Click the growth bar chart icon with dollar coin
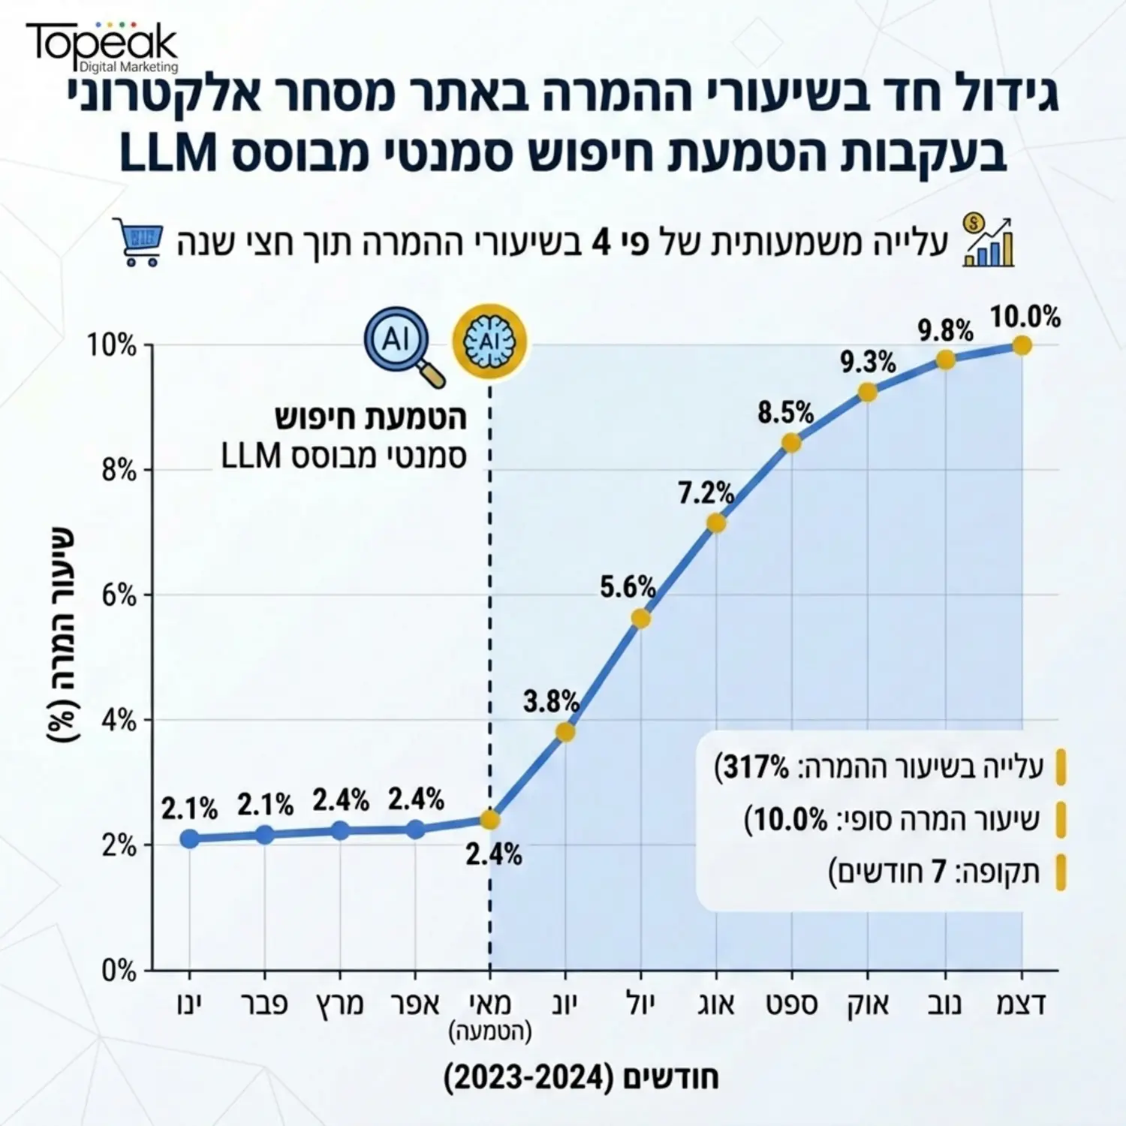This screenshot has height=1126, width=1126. tap(988, 241)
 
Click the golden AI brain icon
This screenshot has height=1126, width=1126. tap(489, 341)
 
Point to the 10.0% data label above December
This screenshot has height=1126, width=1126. tap(1025, 317)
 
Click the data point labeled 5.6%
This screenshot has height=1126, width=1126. tap(640, 619)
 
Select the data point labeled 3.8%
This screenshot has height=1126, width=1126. tap(565, 732)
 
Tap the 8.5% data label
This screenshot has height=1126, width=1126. tap(785, 412)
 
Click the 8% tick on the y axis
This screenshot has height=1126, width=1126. tap(119, 471)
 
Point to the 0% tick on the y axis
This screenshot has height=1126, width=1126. tap(119, 971)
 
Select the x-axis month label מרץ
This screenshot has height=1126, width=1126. tap(339, 1004)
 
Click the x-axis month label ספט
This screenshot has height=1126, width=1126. tap(792, 1004)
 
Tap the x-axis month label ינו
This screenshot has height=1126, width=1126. tap(189, 1004)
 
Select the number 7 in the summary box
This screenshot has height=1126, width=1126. tap(938, 872)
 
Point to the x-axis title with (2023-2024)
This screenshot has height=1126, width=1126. tap(582, 1078)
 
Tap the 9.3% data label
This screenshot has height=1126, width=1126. tap(868, 363)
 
